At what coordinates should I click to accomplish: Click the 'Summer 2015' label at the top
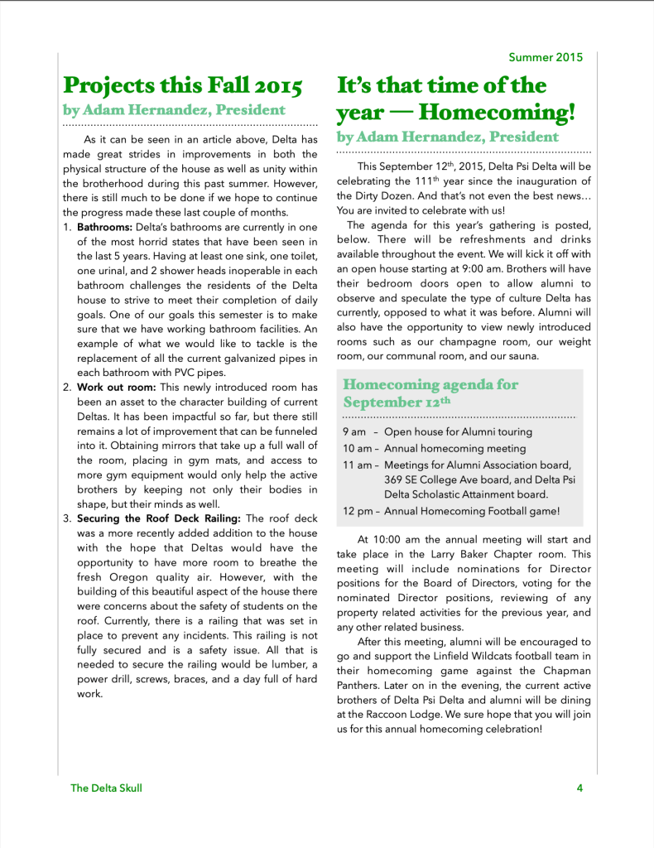click(x=546, y=57)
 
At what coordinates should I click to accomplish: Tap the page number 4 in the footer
click(x=580, y=788)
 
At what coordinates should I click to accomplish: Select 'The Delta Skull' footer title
click(x=106, y=788)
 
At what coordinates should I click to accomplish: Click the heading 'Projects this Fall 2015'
click(x=183, y=85)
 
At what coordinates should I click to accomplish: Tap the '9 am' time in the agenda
click(x=353, y=431)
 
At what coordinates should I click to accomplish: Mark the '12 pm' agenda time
click(x=358, y=511)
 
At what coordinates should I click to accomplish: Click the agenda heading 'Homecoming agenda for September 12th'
click(x=430, y=393)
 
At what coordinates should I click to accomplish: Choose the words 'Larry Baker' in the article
click(x=460, y=554)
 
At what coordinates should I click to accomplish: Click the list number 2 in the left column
click(x=67, y=387)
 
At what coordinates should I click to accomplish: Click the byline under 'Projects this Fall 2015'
click(x=174, y=109)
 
